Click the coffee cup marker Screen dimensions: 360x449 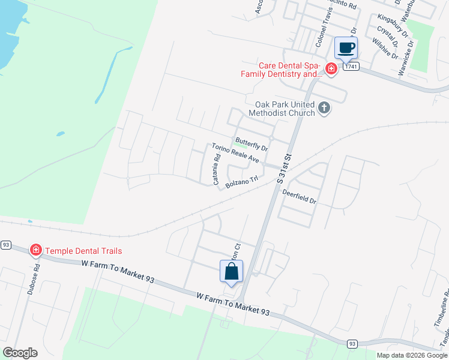pos(345,47)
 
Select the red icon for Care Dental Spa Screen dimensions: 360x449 pos(331,70)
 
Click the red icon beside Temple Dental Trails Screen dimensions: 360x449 pos(36,250)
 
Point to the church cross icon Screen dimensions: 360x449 pos(324,108)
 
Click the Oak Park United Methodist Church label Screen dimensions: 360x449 pos(280,108)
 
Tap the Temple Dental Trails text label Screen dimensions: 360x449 pos(84,250)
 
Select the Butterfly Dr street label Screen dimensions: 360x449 pos(252,143)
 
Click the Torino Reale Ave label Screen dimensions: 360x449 pos(235,154)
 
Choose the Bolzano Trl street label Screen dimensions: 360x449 pos(241,182)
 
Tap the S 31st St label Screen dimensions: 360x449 pos(284,168)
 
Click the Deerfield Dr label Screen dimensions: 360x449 pos(299,196)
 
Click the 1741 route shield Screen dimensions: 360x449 pos(352,67)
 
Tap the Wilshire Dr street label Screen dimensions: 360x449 pos(385,47)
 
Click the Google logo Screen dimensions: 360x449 pos(20,353)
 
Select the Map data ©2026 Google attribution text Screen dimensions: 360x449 pos(411,355)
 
